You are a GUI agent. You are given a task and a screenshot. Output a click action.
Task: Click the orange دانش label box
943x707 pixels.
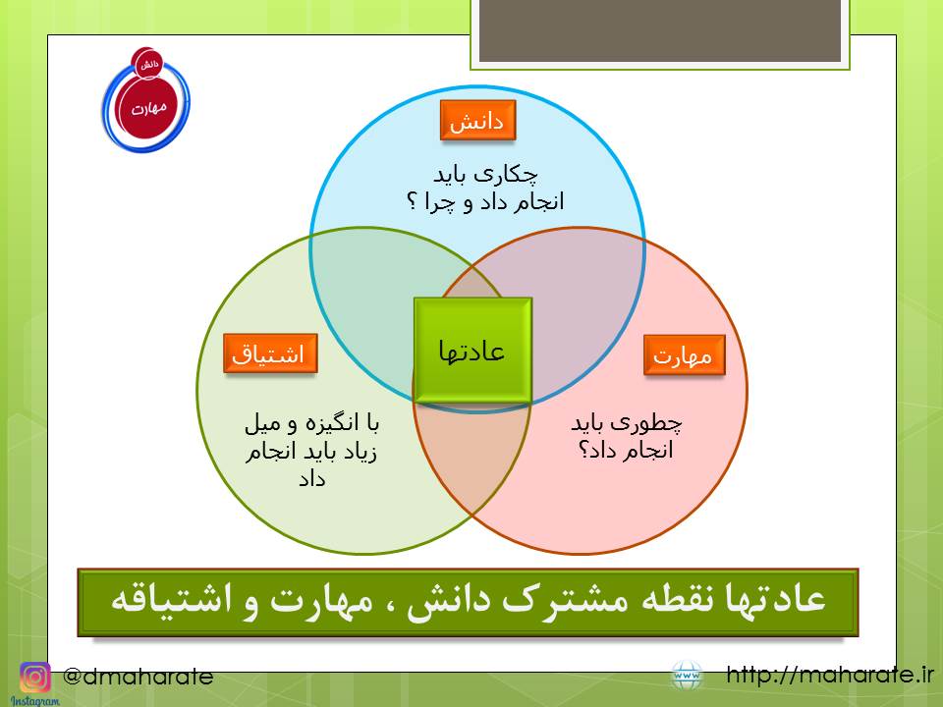tap(477, 120)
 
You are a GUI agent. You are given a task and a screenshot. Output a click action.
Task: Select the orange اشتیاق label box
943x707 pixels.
tap(270, 353)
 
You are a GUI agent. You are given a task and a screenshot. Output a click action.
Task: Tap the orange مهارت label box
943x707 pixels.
tap(684, 355)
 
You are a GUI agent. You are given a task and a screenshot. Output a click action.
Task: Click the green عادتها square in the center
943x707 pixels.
tap(472, 350)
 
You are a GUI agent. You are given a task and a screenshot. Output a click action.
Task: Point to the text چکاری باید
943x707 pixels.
tap(485, 175)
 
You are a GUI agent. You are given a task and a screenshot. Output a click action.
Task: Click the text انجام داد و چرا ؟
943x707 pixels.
tap(485, 201)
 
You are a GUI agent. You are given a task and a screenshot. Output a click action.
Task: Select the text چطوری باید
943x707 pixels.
tap(626, 423)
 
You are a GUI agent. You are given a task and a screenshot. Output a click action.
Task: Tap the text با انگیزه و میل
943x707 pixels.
tap(311, 424)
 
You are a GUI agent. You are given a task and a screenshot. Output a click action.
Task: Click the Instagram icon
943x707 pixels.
tap(35, 678)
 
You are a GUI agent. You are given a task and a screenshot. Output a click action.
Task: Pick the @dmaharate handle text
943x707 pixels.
tap(138, 677)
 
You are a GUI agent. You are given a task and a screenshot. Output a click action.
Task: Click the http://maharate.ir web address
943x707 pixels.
tap(830, 675)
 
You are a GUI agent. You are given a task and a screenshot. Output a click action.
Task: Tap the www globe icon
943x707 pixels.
tap(687, 676)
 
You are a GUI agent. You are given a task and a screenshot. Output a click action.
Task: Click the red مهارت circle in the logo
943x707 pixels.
tap(148, 108)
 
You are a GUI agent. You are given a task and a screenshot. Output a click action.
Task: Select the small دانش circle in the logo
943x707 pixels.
tap(147, 64)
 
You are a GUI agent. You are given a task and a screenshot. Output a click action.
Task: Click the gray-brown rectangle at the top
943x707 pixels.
tap(660, 30)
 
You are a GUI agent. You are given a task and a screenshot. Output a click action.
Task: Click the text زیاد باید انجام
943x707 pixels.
tap(310, 452)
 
